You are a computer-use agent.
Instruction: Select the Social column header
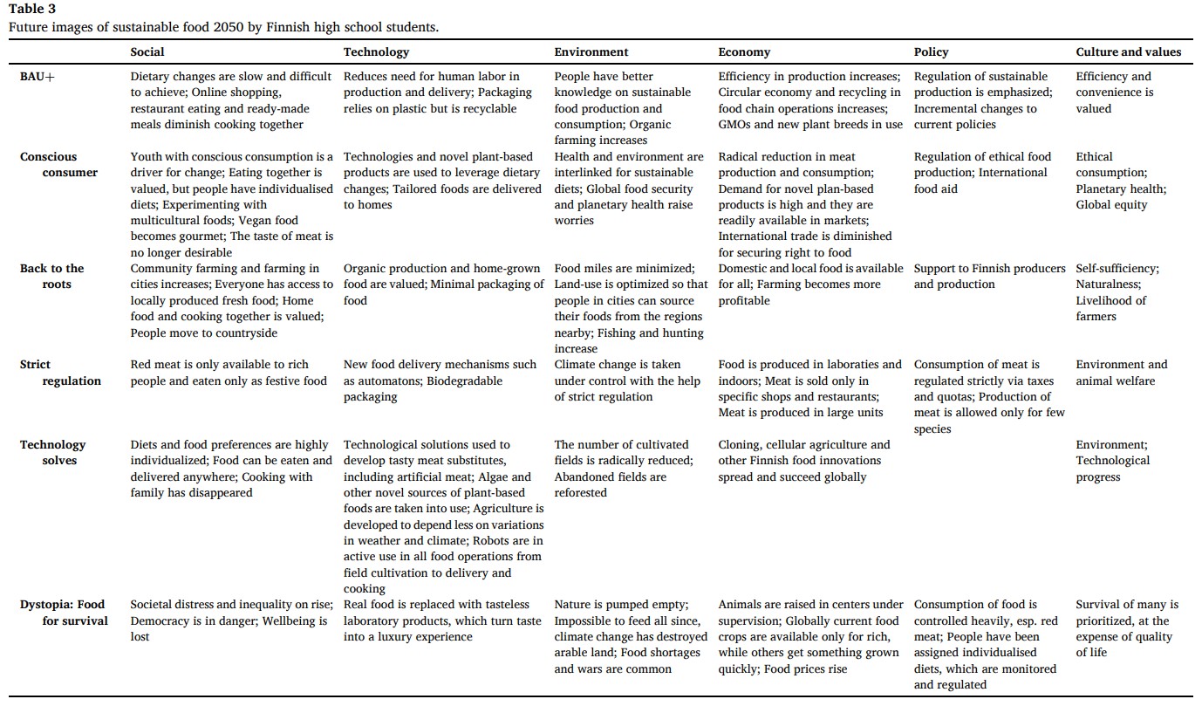(147, 52)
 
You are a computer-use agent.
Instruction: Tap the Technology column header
(376, 52)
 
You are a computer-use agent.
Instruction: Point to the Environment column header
(591, 52)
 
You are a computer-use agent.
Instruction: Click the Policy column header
(932, 52)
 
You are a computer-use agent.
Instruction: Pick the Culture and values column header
(1129, 52)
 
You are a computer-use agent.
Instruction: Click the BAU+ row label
(38, 77)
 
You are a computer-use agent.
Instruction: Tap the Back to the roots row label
(53, 277)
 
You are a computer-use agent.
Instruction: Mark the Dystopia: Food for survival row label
(63, 613)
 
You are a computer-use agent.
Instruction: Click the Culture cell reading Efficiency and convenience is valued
(1114, 93)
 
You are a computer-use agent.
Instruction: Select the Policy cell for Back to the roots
(989, 277)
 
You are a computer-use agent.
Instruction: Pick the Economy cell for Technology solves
(804, 461)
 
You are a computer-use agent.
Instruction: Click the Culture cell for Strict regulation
(1121, 373)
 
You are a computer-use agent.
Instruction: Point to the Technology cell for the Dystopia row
(442, 620)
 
